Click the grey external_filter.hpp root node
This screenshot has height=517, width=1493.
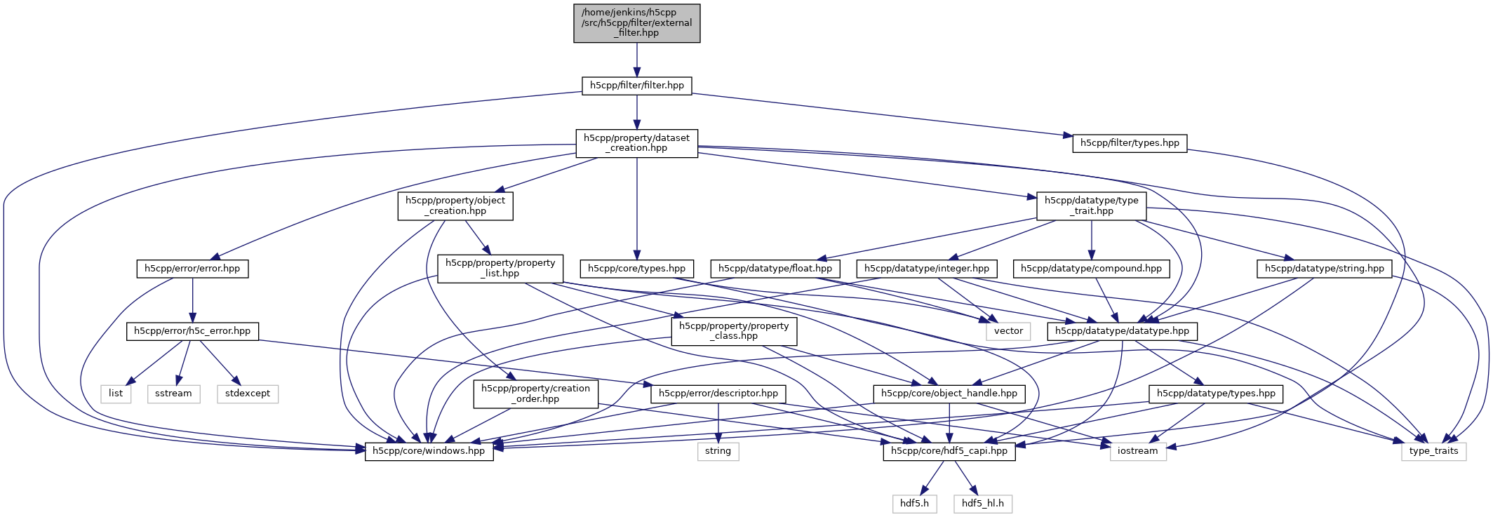pyautogui.click(x=636, y=23)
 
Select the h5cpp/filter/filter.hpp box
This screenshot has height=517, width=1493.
pyautogui.click(x=636, y=86)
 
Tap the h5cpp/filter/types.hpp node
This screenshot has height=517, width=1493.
pyautogui.click(x=1130, y=143)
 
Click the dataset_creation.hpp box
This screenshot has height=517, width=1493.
pyautogui.click(x=636, y=143)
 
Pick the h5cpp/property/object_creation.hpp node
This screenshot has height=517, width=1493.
pyautogui.click(x=455, y=206)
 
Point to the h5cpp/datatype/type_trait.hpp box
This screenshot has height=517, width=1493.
pyautogui.click(x=1091, y=206)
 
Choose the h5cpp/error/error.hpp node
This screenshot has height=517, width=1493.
pyautogui.click(x=192, y=269)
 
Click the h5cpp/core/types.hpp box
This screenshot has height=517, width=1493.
pyautogui.click(x=636, y=269)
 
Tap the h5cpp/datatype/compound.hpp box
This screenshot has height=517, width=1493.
pyautogui.click(x=1091, y=269)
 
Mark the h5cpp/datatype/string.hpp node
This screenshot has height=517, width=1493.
pyautogui.click(x=1324, y=269)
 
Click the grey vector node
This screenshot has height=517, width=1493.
pyautogui.click(x=1008, y=331)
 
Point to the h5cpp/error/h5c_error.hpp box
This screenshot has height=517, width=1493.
pyautogui.click(x=192, y=331)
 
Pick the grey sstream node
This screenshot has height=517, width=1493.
pyautogui.click(x=173, y=394)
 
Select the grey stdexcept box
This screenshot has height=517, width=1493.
pyautogui.click(x=248, y=394)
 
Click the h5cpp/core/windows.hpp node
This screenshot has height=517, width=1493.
pyautogui.click(x=429, y=451)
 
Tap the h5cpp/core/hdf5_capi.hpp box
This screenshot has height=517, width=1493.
pyautogui.click(x=949, y=451)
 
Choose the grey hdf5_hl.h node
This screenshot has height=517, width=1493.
pyautogui.click(x=982, y=504)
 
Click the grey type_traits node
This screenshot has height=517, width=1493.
pyautogui.click(x=1433, y=451)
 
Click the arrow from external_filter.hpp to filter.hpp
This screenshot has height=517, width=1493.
pyautogui.click(x=636, y=60)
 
